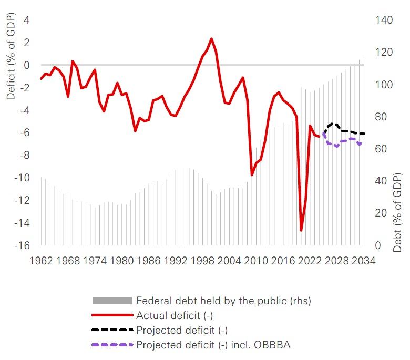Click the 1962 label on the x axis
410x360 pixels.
click(x=41, y=260)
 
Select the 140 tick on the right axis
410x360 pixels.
click(x=384, y=20)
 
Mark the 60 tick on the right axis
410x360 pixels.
click(x=382, y=149)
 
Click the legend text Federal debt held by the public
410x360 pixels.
click(x=223, y=301)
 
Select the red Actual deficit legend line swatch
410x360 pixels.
click(x=111, y=315)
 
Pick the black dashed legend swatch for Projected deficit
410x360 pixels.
click(x=111, y=330)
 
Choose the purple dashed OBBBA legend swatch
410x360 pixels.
click(x=111, y=345)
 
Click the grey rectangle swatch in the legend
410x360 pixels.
click(x=111, y=301)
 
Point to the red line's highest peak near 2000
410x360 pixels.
click(x=211, y=39)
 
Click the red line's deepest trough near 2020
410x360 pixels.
click(x=301, y=230)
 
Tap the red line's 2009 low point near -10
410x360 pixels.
click(x=252, y=175)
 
